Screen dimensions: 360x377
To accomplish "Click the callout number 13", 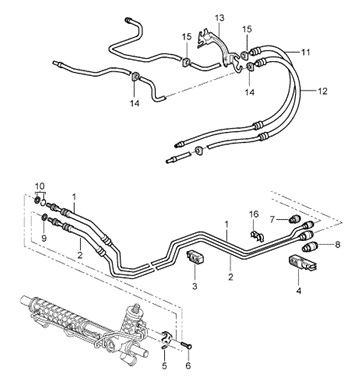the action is [220, 18].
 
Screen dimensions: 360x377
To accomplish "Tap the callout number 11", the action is [305, 52].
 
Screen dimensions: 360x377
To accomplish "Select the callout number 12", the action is [322, 91].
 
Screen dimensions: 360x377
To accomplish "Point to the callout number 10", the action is [39, 186].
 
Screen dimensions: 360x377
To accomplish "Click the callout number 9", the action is [44, 238].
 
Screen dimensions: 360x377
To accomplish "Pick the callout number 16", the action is [254, 214].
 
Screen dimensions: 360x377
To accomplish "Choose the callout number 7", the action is [272, 220].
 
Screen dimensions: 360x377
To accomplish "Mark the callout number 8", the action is [338, 245].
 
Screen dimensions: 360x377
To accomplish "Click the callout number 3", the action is [195, 286].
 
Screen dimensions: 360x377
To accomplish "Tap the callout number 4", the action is [299, 291].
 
